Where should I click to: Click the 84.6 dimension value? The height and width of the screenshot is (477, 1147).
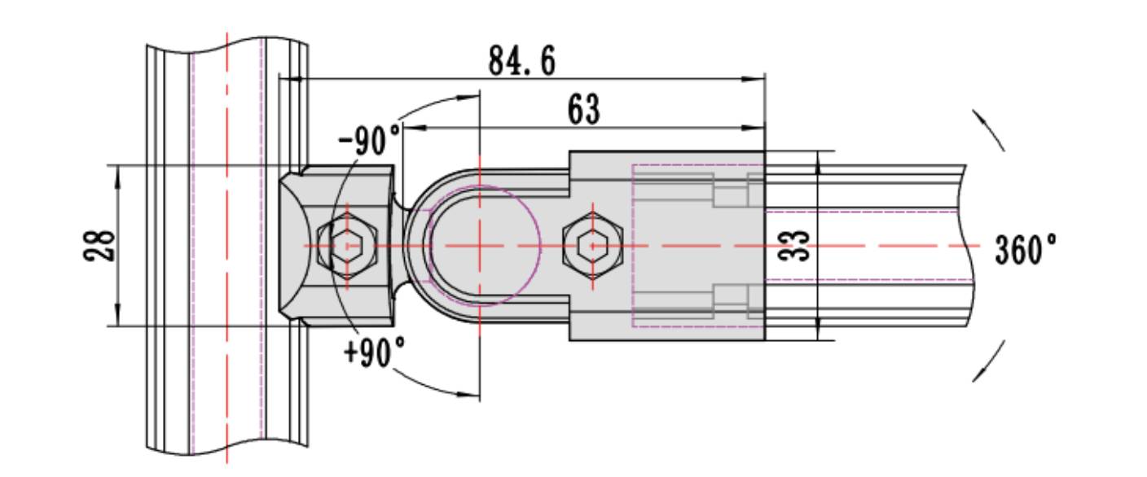click(x=521, y=61)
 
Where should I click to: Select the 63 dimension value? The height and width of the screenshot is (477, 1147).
click(x=582, y=110)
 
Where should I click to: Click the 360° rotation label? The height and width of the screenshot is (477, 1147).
click(x=1026, y=249)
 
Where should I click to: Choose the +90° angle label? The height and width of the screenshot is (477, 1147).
click(x=374, y=353)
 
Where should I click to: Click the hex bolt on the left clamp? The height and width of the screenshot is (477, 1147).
click(x=348, y=245)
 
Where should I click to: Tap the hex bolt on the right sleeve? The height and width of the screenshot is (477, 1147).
click(x=592, y=245)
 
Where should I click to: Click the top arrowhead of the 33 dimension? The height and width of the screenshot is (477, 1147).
click(x=818, y=160)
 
